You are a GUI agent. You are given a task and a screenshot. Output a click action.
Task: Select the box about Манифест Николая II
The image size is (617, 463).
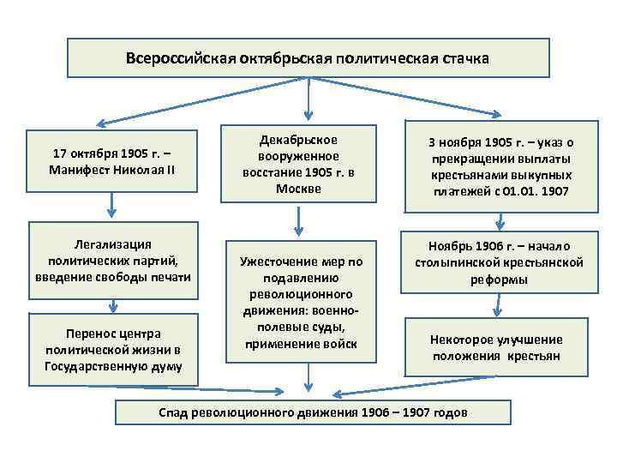tap(113, 161)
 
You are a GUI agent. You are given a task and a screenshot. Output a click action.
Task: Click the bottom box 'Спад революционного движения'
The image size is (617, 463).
tap(313, 412)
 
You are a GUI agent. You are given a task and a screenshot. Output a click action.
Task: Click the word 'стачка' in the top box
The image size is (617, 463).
tap(465, 60)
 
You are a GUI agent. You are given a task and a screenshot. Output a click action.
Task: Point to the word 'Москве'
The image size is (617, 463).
tap(299, 188)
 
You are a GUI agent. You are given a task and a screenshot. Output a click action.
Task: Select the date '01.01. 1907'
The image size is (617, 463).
tap(531, 192)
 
